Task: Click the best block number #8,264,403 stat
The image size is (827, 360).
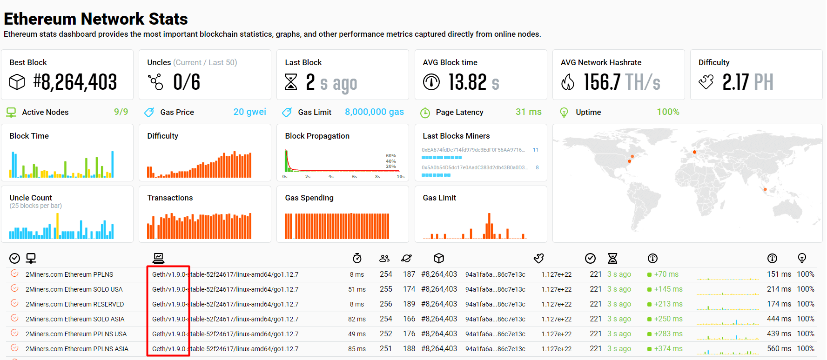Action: (x=75, y=82)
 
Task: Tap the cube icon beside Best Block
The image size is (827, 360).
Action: (x=17, y=82)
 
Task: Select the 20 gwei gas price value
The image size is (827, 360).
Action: (x=249, y=112)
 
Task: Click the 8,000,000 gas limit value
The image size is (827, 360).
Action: (x=374, y=112)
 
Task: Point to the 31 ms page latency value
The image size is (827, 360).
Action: (x=528, y=112)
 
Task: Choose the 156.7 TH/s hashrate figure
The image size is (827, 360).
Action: (x=622, y=82)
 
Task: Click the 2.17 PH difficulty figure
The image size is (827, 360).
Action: (x=747, y=82)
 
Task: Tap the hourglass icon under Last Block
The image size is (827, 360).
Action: (x=291, y=82)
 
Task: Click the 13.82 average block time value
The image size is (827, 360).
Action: (x=468, y=82)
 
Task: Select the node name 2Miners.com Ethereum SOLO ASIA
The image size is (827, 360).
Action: (x=75, y=319)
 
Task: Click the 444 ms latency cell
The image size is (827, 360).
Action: (x=779, y=319)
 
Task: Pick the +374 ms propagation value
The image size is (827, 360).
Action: (x=668, y=349)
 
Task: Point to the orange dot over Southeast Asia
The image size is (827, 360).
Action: (x=765, y=189)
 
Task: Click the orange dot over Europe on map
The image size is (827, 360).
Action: (x=694, y=152)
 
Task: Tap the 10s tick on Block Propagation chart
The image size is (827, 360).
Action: (x=400, y=177)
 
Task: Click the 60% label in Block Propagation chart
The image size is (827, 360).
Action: (x=391, y=156)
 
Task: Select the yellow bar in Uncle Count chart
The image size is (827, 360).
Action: (x=57, y=226)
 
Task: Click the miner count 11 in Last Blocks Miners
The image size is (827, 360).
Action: (x=536, y=150)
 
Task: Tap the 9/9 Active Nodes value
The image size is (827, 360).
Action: (x=121, y=112)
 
